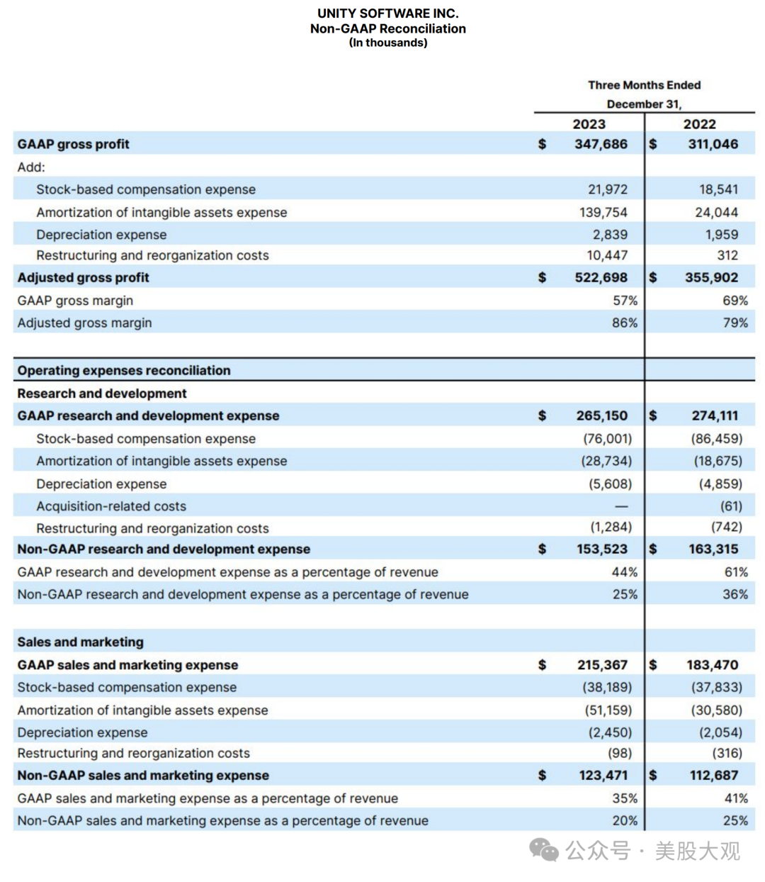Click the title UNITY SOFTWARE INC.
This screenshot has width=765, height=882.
pos(387,13)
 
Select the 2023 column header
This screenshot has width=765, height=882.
pos(589,124)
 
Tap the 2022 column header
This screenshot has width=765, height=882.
pos(699,124)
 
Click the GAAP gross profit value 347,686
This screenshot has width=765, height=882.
pos(601,144)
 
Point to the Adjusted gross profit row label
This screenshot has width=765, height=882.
pos(83,277)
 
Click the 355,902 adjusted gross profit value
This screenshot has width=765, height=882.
pos(711,277)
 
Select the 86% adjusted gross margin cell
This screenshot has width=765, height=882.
pos(625,323)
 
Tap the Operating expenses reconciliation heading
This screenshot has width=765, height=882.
pos(124,370)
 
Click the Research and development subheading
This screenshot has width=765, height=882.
pos(102,393)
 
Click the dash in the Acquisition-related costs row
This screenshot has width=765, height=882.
pos(621,506)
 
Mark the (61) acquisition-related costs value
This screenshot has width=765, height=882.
pos(731,506)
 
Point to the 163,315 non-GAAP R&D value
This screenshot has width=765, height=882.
pos(713,549)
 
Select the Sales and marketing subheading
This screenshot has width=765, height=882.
pos(80,642)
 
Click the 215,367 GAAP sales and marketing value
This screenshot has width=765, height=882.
pos(602,665)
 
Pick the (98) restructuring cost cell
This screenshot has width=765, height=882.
pos(620,753)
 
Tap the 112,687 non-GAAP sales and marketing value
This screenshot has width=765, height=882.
pos(714,775)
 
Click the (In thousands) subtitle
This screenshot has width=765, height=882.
pos(388,43)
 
